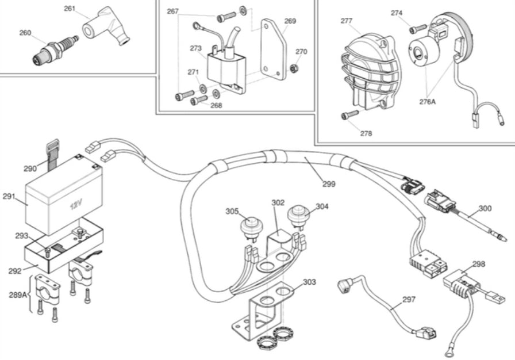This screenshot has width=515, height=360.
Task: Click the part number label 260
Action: point(25,33)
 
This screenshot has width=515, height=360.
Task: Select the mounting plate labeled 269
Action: point(272,49)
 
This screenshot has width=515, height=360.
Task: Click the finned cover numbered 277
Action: point(368,69)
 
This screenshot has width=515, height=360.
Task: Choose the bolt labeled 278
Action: point(346,115)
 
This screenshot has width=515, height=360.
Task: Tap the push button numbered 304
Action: point(298,216)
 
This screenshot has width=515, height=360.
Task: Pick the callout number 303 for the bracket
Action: point(309,282)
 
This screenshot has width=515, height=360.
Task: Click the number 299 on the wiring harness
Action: point(329,184)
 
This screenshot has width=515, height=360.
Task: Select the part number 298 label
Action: point(478,264)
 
